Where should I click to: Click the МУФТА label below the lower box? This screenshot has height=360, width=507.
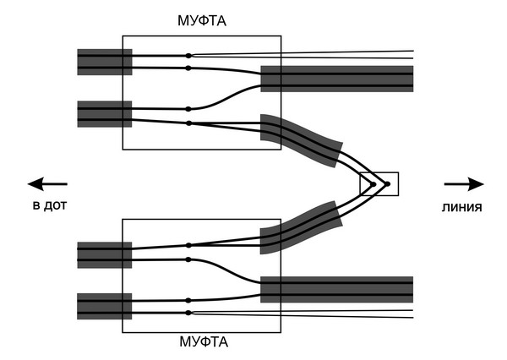[202, 343]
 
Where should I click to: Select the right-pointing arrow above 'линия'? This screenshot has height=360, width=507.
[464, 183]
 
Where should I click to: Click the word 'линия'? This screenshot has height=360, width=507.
[461, 206]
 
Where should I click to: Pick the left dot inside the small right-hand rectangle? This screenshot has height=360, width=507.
[373, 183]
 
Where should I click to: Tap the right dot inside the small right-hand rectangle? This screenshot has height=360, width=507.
[387, 183]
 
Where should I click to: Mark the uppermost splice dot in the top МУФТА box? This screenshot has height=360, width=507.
[188, 56]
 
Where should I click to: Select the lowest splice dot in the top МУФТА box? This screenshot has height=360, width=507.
[188, 123]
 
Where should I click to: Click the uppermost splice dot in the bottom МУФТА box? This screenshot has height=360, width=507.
[188, 245]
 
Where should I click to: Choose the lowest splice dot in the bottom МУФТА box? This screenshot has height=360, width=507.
[188, 313]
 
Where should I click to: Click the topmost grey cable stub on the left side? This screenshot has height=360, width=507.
[104, 62]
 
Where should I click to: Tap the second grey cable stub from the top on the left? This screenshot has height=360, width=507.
[104, 114]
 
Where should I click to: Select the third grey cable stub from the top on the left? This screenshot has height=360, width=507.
[104, 254]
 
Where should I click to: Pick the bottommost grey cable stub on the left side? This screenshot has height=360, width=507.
[104, 306]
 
